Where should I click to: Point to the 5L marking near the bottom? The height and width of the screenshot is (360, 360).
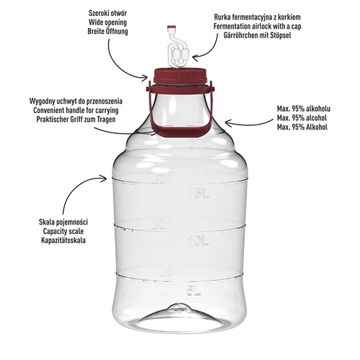pyautogui.click(x=191, y=291)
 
